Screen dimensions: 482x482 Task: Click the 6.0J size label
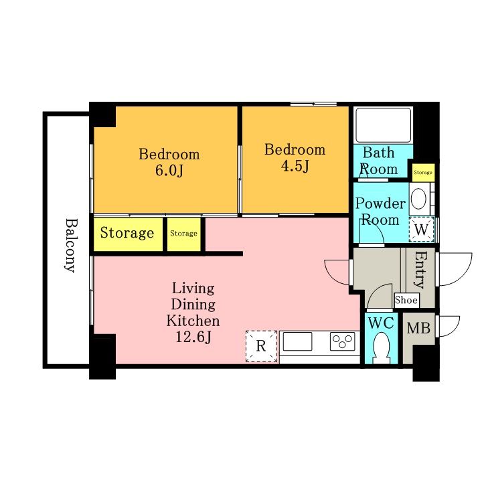click(x=169, y=171)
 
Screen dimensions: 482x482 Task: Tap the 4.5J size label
click(x=295, y=166)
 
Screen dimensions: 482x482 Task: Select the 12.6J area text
click(x=193, y=337)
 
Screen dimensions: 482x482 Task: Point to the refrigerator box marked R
click(x=261, y=346)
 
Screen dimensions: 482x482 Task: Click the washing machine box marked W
click(x=422, y=230)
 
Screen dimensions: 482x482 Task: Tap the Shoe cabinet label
click(x=406, y=300)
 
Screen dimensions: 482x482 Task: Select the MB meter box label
click(x=418, y=328)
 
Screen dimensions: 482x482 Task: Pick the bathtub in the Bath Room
click(x=384, y=125)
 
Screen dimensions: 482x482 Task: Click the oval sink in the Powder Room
click(x=418, y=199)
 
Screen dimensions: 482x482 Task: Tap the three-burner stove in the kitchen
click(x=343, y=341)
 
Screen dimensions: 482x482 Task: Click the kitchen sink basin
click(x=297, y=341)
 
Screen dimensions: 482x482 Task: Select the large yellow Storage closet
click(x=128, y=234)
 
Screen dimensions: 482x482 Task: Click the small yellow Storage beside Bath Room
click(x=423, y=173)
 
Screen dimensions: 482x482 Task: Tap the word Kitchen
click(x=193, y=321)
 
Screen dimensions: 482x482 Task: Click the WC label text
click(x=381, y=323)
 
